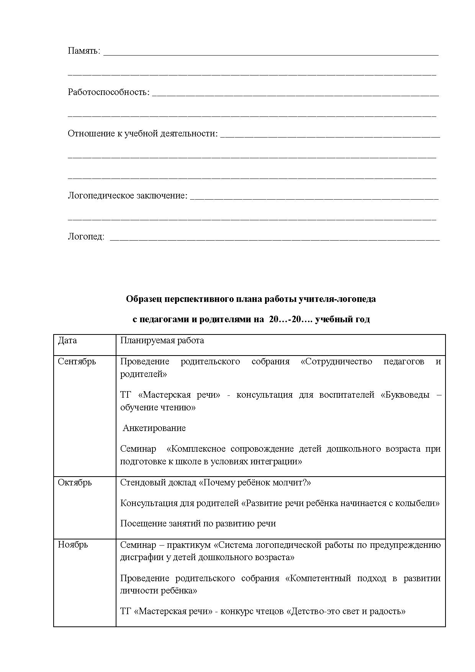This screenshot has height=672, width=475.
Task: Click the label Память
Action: [84, 51]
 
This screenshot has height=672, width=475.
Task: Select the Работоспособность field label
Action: [108, 92]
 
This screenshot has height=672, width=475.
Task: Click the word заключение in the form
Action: [167, 195]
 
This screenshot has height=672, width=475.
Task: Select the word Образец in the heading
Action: [144, 299]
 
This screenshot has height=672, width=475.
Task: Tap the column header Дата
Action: [67, 341]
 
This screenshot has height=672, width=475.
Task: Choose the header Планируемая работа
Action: [162, 341]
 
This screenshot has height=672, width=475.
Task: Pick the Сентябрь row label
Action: [77, 361]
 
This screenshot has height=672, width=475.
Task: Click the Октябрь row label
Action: [75, 482]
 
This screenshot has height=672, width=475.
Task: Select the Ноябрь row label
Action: [73, 544]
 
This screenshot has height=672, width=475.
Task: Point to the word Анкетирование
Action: [154, 428]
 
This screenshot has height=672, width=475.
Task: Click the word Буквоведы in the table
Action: [405, 395]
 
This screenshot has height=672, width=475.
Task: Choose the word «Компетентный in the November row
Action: [318, 578]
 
